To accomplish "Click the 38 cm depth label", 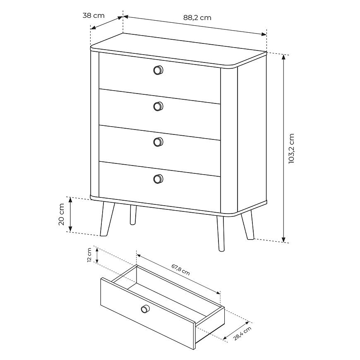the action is [x=94, y=16].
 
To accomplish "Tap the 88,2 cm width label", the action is [x=197, y=18].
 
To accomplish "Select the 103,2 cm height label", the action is [x=291, y=148].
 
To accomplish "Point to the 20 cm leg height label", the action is [x=62, y=214].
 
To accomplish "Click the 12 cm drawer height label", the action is [x=89, y=255].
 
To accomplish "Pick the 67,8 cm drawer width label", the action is [x=181, y=269].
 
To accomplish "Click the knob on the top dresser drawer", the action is [x=158, y=70].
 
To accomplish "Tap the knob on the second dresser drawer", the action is [x=158, y=106].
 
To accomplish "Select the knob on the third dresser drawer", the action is [x=158, y=142].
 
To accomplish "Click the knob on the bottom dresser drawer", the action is [x=158, y=179].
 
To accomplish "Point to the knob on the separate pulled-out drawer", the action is [x=145, y=309].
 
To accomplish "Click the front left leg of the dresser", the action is [x=107, y=219].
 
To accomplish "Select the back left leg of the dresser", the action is [x=133, y=215].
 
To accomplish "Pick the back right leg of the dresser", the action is [x=247, y=224].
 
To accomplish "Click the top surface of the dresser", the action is [x=179, y=50].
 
